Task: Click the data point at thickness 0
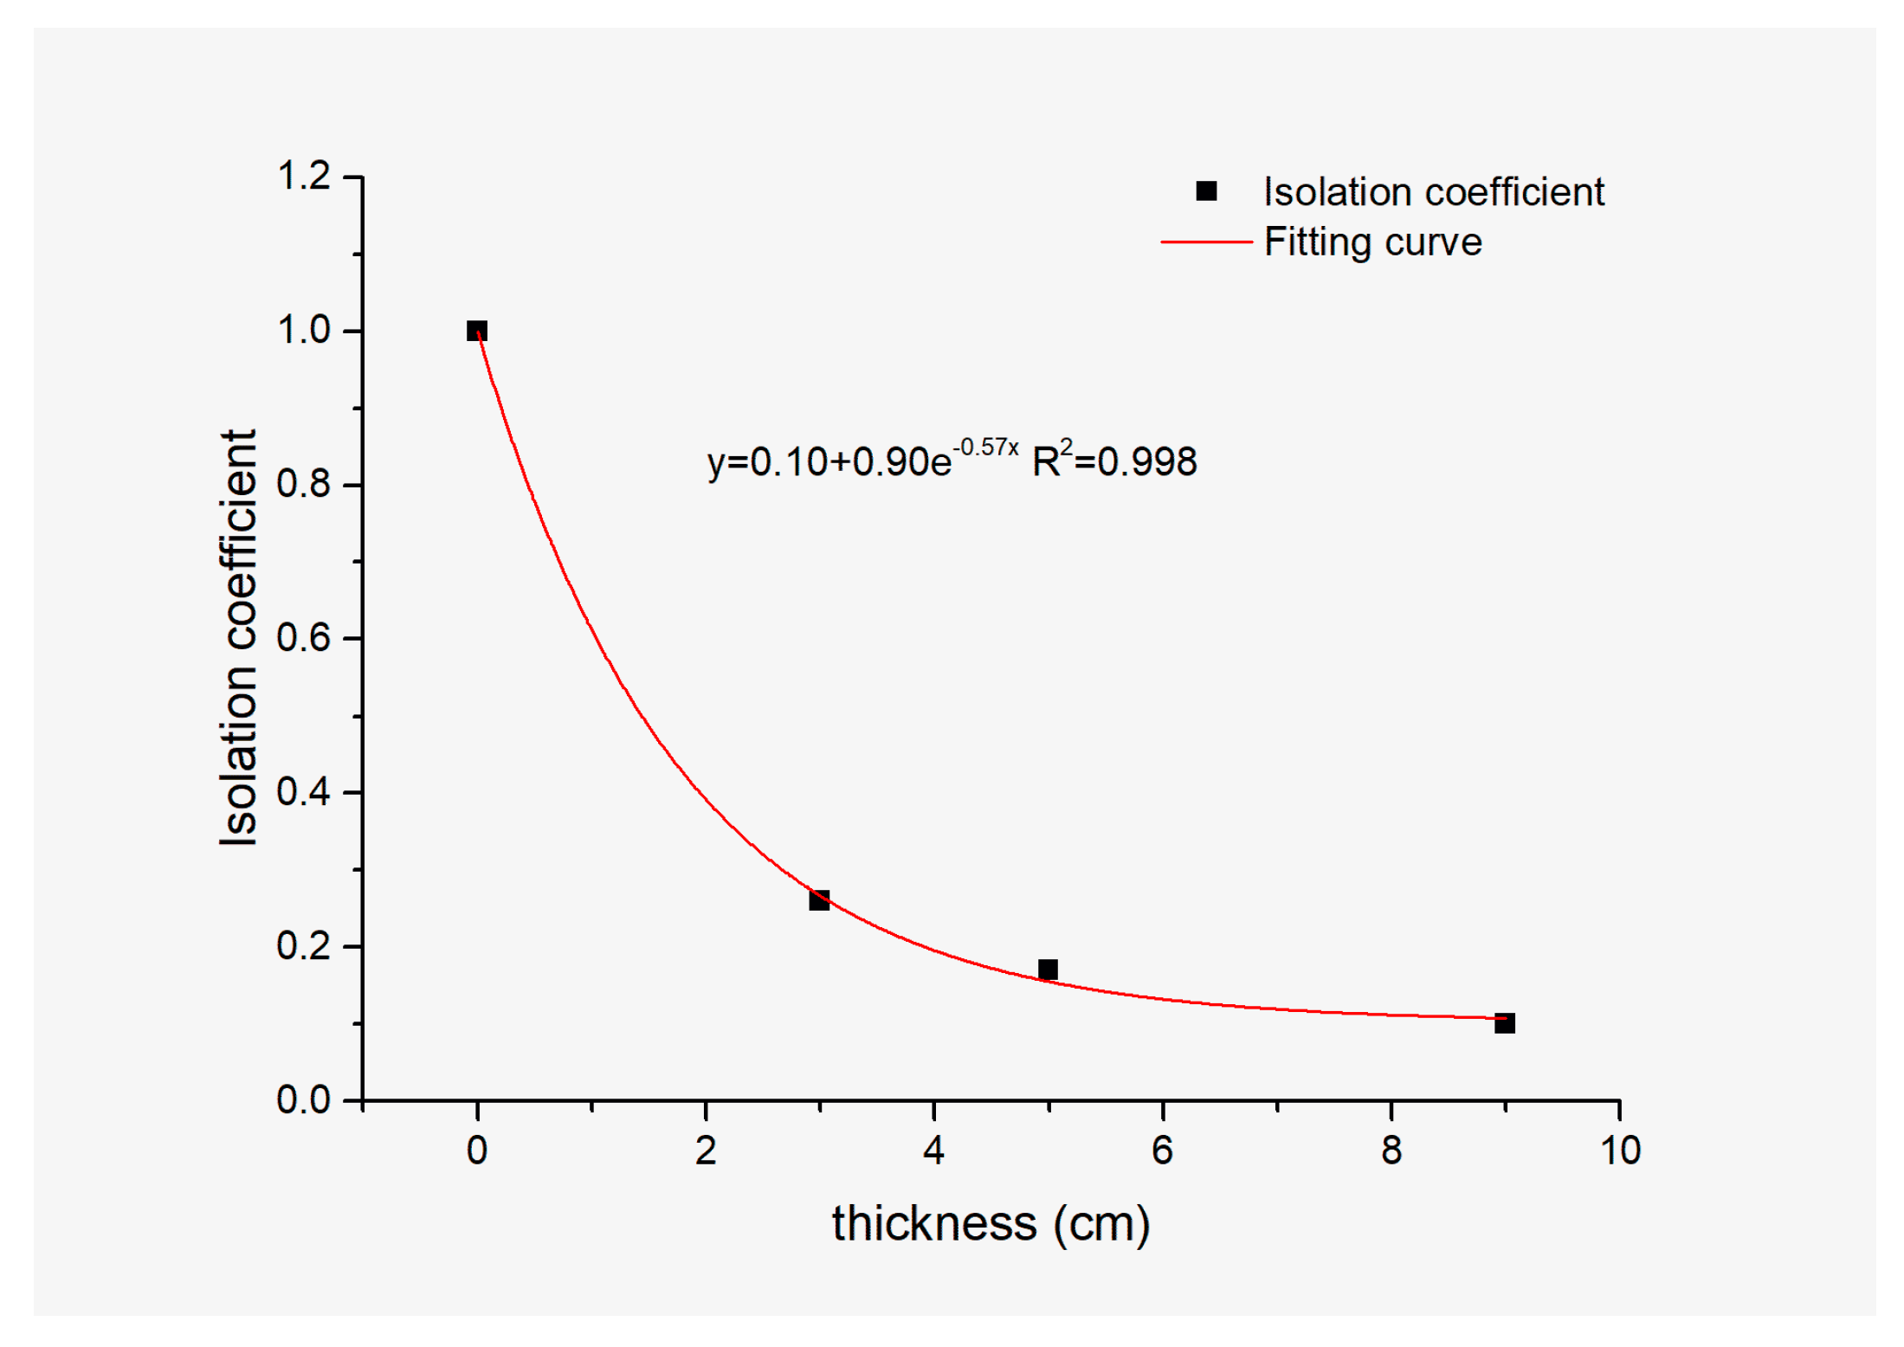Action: pos(476,331)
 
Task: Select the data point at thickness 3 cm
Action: pos(818,899)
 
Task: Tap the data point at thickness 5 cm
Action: pos(1047,969)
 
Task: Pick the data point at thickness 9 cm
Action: pos(1504,1022)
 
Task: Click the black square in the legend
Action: pos(1205,190)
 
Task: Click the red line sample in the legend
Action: pos(1205,242)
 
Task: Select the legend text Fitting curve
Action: pos(1372,242)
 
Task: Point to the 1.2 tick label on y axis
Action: pos(303,177)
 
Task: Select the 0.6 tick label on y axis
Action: pos(303,638)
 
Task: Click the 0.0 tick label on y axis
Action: pos(303,1099)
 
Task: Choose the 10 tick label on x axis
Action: pos(1619,1150)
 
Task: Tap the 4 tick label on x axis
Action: pos(933,1150)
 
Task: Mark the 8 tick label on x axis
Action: pos(1391,1150)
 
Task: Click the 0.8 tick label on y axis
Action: pos(303,484)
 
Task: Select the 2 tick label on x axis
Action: pos(705,1150)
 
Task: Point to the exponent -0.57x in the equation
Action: pos(985,448)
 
